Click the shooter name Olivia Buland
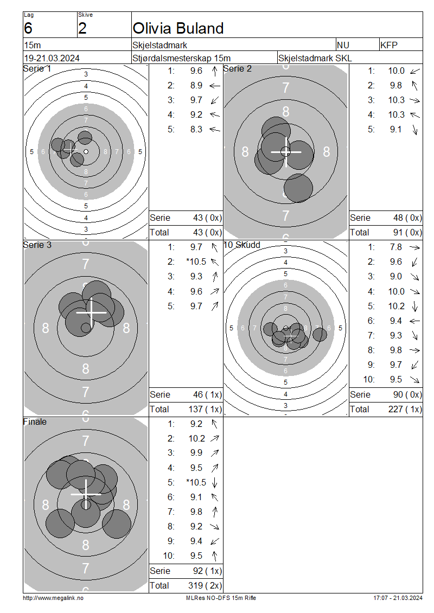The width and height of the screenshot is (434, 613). [x=178, y=29]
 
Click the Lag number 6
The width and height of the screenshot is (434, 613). [x=28, y=29]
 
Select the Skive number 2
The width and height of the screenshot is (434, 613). [x=82, y=29]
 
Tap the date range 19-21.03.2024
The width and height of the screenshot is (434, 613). [x=52, y=58]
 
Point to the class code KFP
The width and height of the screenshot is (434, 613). [x=389, y=46]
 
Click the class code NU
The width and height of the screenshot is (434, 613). [x=343, y=46]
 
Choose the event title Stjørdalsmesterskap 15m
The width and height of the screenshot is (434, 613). [x=181, y=58]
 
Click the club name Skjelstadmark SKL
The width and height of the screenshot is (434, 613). [x=315, y=58]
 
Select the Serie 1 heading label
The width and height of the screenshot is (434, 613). [x=37, y=69]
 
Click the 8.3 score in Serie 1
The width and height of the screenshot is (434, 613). [x=196, y=130]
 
